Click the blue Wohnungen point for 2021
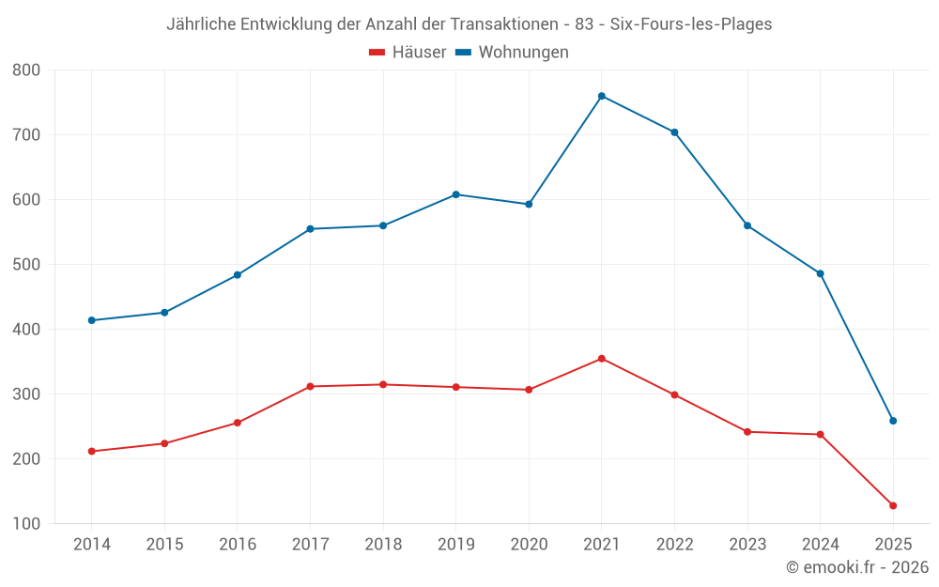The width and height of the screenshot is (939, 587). (x=602, y=96)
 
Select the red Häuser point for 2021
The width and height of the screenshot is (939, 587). (x=602, y=359)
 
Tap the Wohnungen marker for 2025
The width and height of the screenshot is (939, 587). (x=893, y=421)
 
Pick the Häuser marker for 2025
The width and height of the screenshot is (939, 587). (x=893, y=506)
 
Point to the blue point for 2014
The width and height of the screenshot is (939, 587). (x=91, y=320)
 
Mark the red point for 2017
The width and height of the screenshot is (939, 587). (x=310, y=386)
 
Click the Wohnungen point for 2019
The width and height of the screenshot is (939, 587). (x=455, y=194)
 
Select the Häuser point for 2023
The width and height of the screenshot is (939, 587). (x=747, y=432)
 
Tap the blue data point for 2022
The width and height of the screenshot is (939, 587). (x=674, y=132)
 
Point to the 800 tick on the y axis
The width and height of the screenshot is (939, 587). (x=27, y=70)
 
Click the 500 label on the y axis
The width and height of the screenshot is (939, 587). (x=27, y=265)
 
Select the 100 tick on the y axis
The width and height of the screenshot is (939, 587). (x=27, y=524)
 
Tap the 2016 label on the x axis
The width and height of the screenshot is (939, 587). (x=238, y=545)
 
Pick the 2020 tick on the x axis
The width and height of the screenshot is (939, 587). (x=529, y=545)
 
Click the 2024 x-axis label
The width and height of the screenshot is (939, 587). (x=820, y=545)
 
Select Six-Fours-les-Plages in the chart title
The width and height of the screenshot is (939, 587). (x=690, y=24)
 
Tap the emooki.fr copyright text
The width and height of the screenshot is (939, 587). (x=857, y=567)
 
